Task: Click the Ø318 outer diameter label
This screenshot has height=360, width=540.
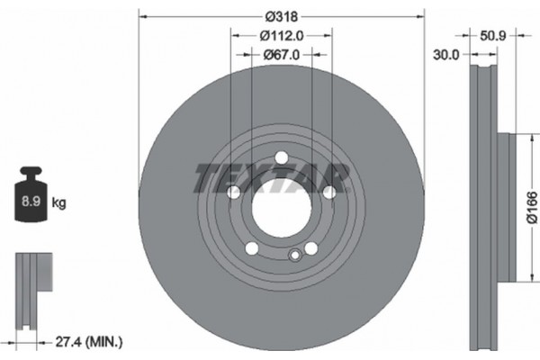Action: [281, 16]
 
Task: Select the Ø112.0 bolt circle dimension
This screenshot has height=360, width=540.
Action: [281, 36]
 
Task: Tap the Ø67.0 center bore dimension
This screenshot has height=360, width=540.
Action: [281, 55]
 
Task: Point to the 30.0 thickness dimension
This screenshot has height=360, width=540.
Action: [446, 54]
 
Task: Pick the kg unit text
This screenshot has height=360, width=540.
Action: [59, 204]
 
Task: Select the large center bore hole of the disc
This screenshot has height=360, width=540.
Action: [281, 210]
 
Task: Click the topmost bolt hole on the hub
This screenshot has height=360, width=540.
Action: [281, 158]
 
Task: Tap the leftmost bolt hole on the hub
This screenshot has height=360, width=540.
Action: [233, 193]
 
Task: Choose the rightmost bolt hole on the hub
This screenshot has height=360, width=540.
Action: [328, 193]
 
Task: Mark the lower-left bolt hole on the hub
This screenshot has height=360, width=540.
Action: [252, 248]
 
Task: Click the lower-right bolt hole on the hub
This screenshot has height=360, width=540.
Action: [310, 248]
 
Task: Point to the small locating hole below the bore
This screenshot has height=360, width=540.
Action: [292, 256]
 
